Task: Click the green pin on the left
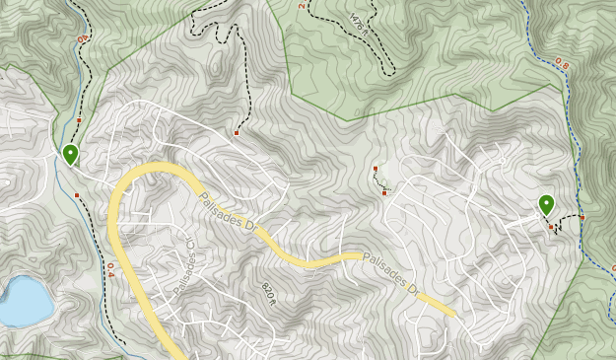click(70, 155)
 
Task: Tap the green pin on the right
click(546, 205)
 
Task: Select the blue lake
click(22, 301)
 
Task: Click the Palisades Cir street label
click(184, 267)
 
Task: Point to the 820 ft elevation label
click(267, 293)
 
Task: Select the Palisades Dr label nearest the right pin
click(388, 273)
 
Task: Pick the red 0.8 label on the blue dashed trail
click(562, 64)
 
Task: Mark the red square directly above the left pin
click(79, 120)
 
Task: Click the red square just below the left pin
click(77, 195)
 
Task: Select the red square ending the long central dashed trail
click(237, 132)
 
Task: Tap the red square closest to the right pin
click(551, 228)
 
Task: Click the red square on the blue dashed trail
click(582, 218)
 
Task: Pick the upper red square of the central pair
click(376, 170)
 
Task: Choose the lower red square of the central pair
click(384, 192)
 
